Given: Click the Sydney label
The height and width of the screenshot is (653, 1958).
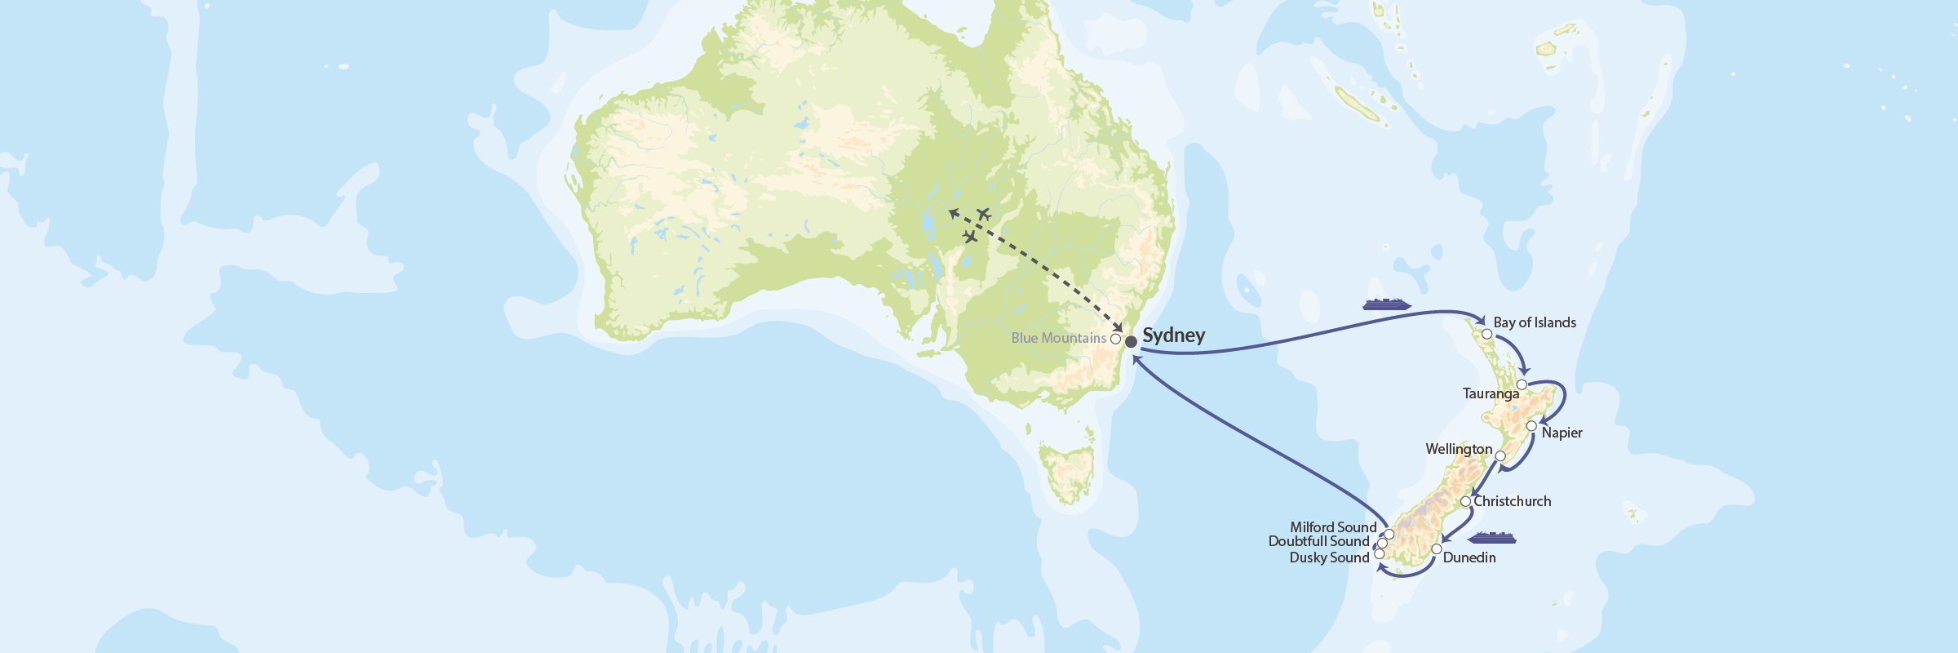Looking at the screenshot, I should click(1173, 335).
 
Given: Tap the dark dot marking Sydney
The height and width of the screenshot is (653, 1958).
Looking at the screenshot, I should click(1131, 342).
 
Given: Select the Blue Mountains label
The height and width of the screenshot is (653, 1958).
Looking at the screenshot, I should click(1058, 338).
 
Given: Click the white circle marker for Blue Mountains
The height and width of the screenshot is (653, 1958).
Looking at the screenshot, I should click(1115, 338).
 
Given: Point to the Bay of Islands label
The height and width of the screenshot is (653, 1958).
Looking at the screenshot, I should click(1535, 322).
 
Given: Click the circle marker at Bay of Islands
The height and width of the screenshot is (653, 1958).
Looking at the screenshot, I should click(1486, 334).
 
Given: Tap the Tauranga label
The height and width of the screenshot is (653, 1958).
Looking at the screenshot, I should click(1491, 393).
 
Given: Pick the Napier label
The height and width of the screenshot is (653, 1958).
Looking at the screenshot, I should click(1562, 433).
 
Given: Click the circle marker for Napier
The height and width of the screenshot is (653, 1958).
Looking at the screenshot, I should click(1531, 426).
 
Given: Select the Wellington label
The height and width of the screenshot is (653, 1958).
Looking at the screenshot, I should click(1459, 449).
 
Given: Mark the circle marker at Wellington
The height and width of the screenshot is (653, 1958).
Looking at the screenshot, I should click(1500, 456).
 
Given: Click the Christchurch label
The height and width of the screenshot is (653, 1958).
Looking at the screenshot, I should click(1512, 501).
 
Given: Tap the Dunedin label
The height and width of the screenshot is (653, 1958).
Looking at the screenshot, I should click(1468, 557).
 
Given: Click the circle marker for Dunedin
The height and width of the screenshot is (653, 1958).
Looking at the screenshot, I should click(1436, 549).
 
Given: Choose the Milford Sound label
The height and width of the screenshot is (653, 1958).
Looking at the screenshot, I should click(1333, 527).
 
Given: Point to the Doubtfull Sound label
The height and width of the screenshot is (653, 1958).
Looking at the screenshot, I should click(1318, 541).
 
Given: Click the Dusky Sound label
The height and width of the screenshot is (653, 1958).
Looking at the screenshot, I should click(1329, 557).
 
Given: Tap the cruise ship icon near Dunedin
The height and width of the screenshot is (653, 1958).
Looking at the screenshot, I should click(1491, 538).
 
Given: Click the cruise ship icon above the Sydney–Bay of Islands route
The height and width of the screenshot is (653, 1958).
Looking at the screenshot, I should click(1386, 304).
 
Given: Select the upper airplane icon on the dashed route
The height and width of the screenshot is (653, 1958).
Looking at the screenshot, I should click(983, 214).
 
